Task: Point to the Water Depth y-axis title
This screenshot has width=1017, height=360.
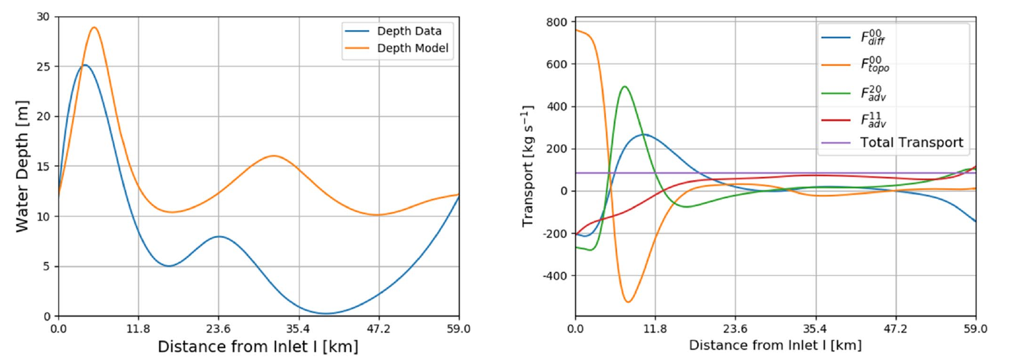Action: pyautogui.click(x=23, y=166)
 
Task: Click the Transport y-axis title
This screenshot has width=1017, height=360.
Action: pyautogui.click(x=528, y=166)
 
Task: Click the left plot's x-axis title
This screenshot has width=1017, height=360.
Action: pyautogui.click(x=258, y=347)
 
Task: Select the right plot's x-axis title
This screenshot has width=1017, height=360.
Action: pyautogui.click(x=775, y=345)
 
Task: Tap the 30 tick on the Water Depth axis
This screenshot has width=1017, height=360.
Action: pyautogui.click(x=43, y=17)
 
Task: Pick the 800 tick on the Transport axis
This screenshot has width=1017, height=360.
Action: pyautogui.click(x=556, y=22)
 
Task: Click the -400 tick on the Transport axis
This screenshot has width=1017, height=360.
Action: pyautogui.click(x=554, y=276)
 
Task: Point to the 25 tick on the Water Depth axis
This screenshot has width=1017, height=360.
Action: pyautogui.click(x=43, y=67)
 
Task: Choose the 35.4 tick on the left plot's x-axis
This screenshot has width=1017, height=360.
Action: pyautogui.click(x=298, y=329)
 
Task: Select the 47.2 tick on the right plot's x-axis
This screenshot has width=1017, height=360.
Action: pyautogui.click(x=895, y=329)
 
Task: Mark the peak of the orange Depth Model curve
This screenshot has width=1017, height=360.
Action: pyautogui.click(x=94, y=27)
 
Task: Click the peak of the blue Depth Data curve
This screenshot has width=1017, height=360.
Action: pyautogui.click(x=84, y=65)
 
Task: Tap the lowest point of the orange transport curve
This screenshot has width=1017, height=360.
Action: pyautogui.click(x=628, y=302)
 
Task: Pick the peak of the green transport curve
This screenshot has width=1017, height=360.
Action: pyautogui.click(x=624, y=87)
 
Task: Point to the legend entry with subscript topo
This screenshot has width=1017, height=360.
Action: pyautogui.click(x=874, y=64)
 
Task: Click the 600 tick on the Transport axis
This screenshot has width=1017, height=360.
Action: pyautogui.click(x=556, y=64)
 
